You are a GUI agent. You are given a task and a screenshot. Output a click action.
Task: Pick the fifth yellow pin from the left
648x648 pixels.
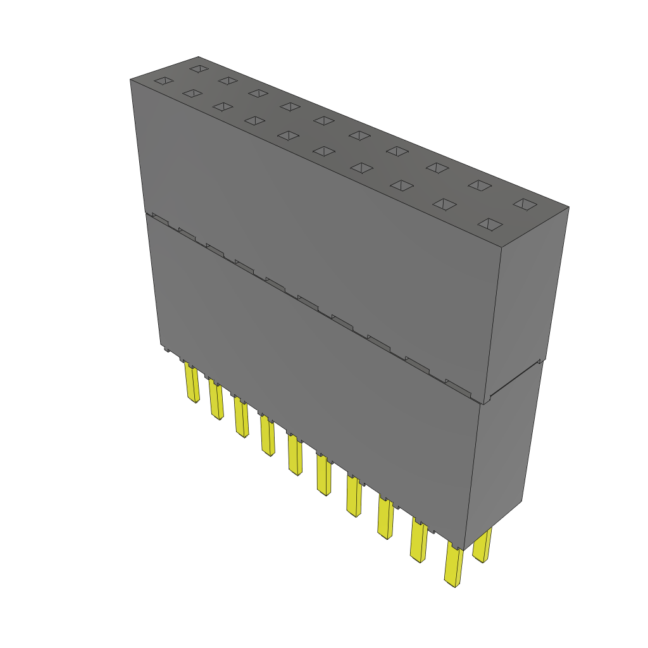pos(295,454)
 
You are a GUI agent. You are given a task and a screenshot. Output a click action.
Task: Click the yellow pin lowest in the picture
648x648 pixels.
pos(453,564)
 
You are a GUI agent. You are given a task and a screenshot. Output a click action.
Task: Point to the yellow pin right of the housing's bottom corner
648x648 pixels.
pos(483,546)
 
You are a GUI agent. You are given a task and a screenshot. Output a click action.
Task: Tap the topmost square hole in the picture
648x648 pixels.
pos(199,68)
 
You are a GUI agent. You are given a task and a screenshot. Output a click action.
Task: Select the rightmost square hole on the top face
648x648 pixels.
pos(524,204)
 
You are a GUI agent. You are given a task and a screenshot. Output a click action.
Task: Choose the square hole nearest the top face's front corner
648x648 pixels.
pos(490,225)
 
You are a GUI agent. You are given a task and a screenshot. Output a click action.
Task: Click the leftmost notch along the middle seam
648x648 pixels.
pos(159,217)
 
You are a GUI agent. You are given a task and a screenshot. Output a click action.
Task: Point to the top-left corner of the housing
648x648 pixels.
pos(130,80)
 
